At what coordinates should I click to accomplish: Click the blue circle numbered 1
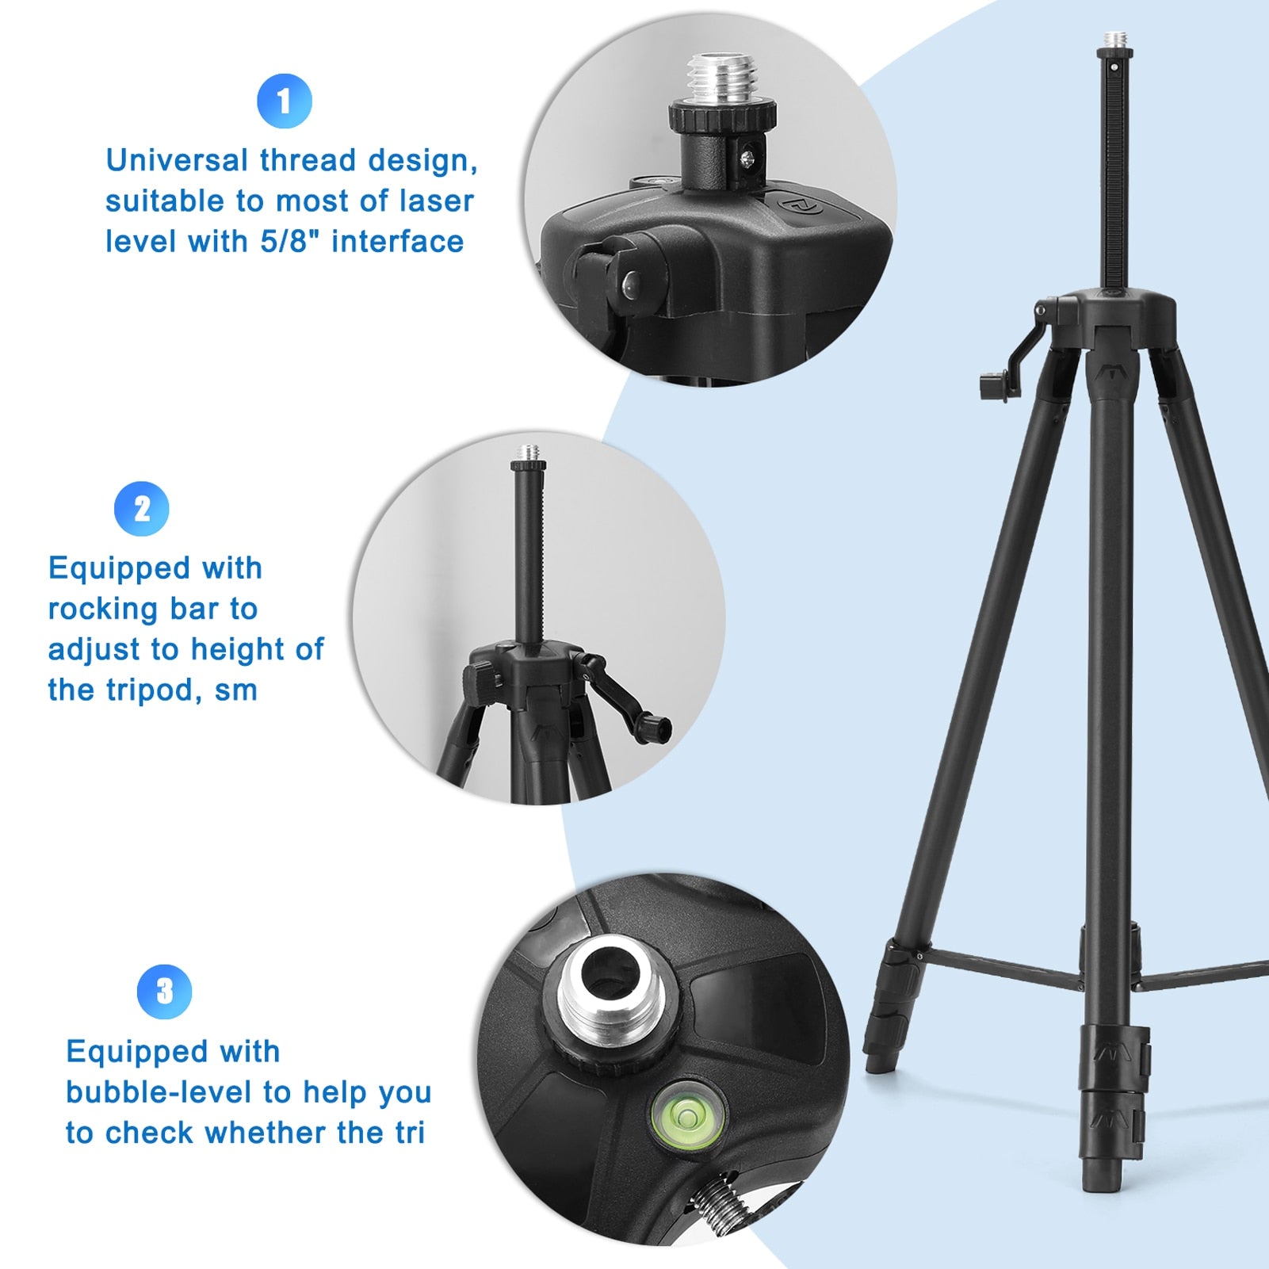pyautogui.click(x=285, y=101)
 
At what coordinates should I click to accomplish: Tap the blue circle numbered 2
pyautogui.click(x=142, y=509)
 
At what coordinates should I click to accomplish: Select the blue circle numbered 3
pyautogui.click(x=164, y=991)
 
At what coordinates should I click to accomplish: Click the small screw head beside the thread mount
pyautogui.click(x=749, y=159)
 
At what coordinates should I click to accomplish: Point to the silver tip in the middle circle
pyautogui.click(x=526, y=453)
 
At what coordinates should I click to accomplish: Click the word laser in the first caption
pyautogui.click(x=438, y=201)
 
